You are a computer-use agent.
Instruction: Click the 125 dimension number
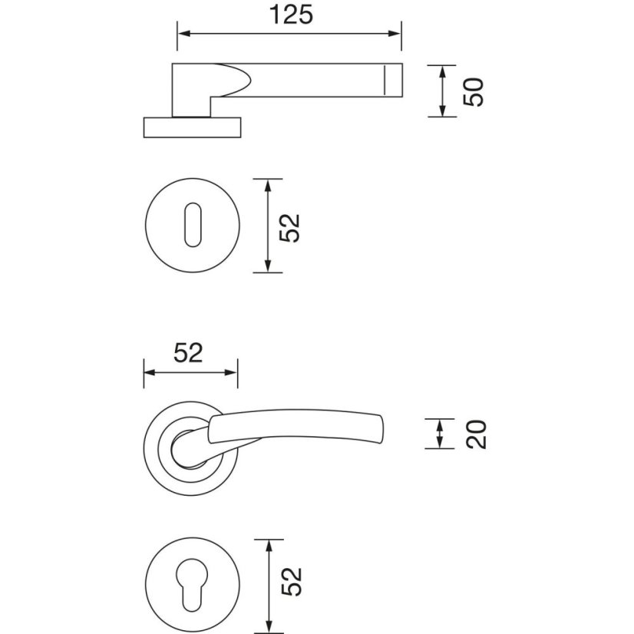click(291, 15)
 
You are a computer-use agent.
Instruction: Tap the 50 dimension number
click(474, 92)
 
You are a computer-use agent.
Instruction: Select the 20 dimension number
click(476, 434)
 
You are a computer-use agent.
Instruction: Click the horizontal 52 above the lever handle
click(188, 352)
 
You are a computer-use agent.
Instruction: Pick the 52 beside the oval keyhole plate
click(289, 228)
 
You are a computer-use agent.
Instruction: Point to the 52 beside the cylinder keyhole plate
click(292, 582)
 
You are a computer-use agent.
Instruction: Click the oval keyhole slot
click(193, 225)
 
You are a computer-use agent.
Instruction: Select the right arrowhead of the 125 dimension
click(395, 34)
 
